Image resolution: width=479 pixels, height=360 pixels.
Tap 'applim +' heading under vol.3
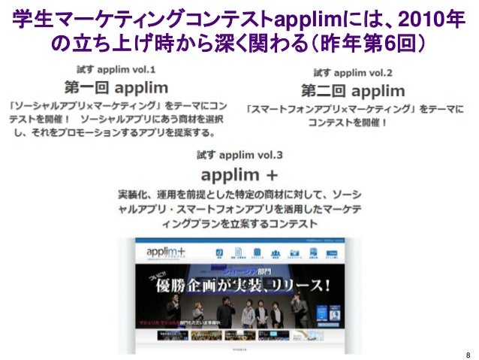point(239,175)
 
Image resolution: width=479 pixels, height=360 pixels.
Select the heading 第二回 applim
point(353,91)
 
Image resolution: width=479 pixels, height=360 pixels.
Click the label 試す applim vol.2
point(353,74)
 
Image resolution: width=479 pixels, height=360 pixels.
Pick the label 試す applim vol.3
point(239,156)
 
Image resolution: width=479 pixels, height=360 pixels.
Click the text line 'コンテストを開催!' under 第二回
point(353,123)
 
